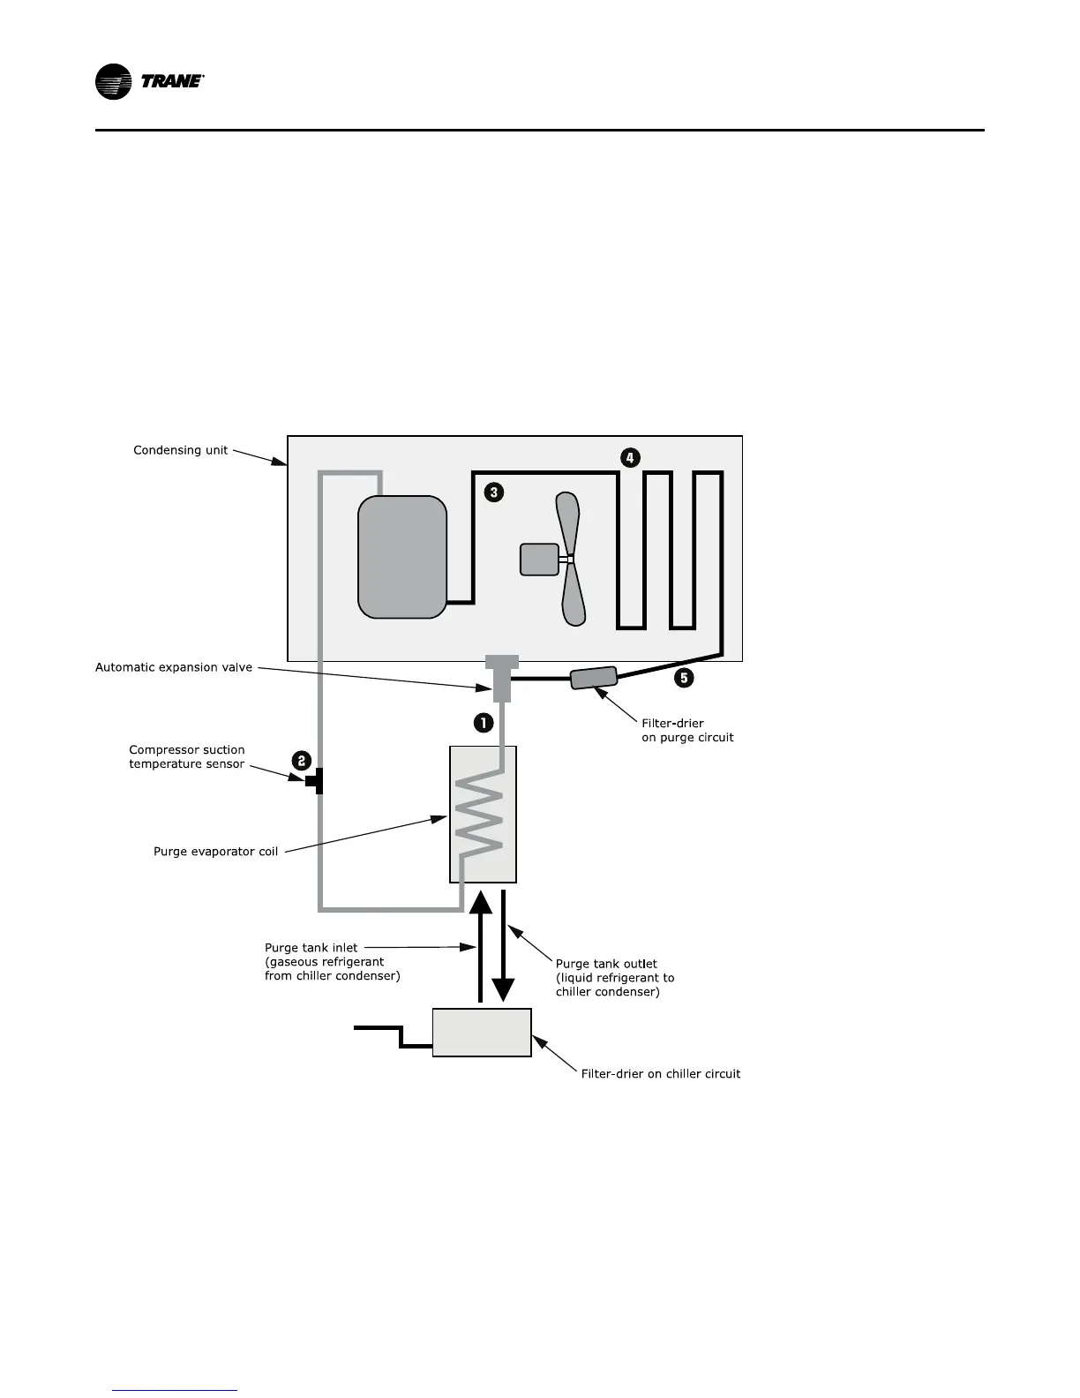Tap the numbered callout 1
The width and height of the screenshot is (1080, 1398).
click(484, 722)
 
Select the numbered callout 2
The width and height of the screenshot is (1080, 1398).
click(302, 760)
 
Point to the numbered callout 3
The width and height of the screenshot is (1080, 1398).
click(494, 492)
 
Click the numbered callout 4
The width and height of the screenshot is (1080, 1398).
click(629, 457)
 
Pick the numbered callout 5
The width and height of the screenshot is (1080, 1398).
click(684, 678)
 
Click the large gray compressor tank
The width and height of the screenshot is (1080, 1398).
click(401, 557)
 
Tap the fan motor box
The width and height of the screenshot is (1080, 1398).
click(539, 560)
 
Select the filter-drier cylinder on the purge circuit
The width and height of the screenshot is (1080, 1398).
click(593, 678)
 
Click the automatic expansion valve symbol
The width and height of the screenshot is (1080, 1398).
click(501, 678)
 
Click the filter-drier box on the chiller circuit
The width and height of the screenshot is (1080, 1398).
click(482, 1032)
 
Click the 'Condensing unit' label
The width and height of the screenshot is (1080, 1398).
click(180, 450)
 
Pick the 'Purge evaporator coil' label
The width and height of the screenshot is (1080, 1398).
click(215, 852)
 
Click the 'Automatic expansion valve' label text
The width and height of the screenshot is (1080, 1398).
click(174, 667)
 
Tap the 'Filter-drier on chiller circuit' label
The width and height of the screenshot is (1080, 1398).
click(660, 1074)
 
